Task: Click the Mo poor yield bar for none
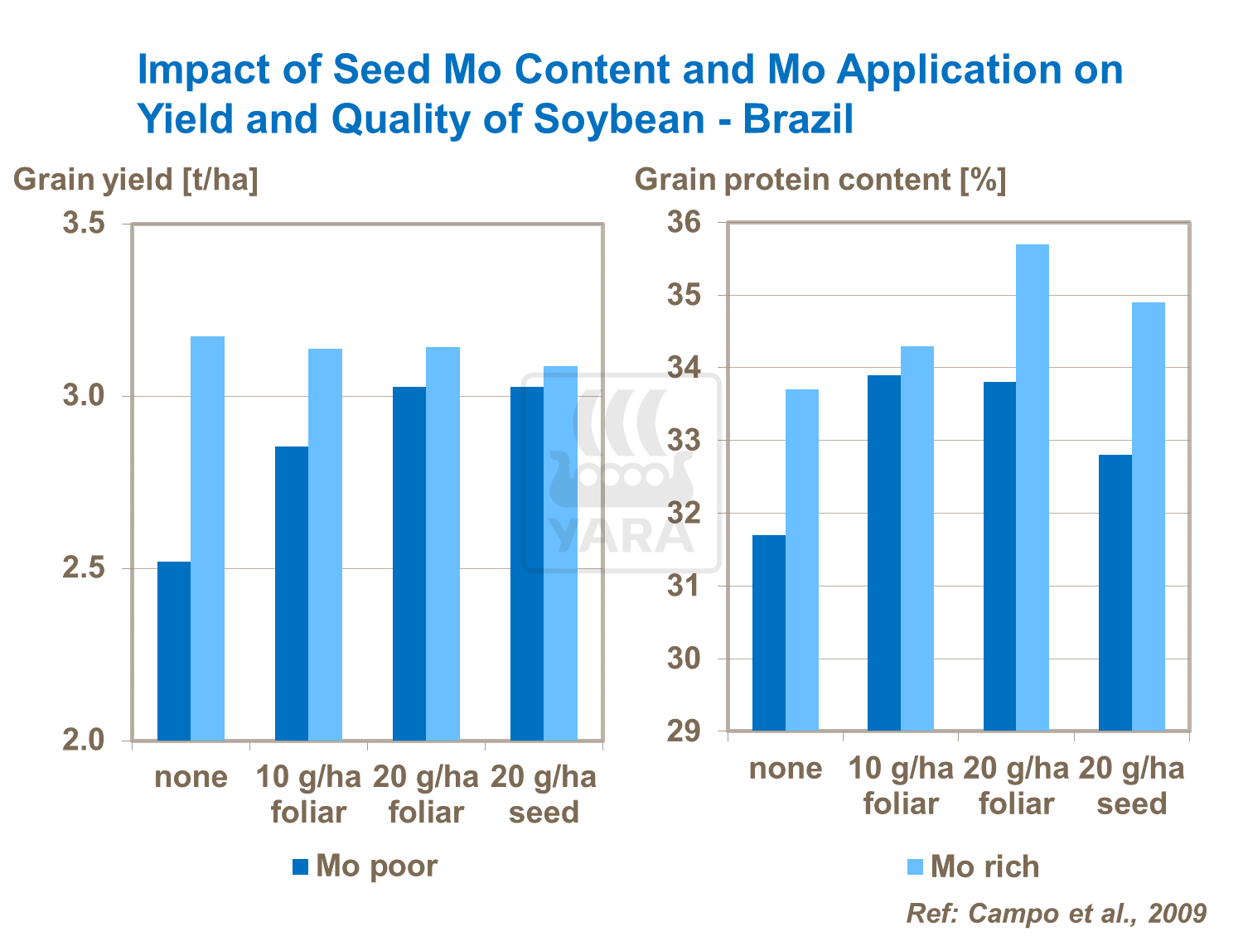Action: point(174,651)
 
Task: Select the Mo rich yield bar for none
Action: point(208,538)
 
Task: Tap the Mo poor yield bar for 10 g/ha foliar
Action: point(292,593)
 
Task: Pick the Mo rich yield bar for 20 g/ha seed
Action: point(561,553)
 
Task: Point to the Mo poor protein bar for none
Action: point(769,633)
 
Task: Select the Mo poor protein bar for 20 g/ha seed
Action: point(1115,592)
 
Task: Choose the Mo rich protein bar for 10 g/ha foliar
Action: point(917,538)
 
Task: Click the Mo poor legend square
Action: point(300,867)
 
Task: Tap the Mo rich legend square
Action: point(915,867)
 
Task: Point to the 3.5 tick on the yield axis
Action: point(83,224)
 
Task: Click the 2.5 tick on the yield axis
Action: point(83,569)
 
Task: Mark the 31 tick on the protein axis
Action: point(684,586)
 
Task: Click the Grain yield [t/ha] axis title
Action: point(136,180)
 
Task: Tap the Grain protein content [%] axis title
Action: point(820,180)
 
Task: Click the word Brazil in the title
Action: point(797,119)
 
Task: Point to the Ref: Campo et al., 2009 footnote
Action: point(1057,913)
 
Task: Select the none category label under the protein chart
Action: point(786,769)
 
